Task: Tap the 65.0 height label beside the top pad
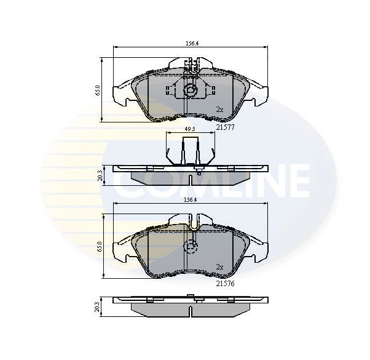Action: coord(98,90)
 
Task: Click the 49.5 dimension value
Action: coord(191,130)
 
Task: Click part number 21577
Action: coord(226,128)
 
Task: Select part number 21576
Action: coord(226,284)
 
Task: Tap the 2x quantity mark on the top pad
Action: coord(219,110)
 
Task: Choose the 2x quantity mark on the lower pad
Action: coord(219,266)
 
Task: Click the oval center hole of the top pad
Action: coord(191,92)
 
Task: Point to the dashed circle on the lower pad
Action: coord(191,248)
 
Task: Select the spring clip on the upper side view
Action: coord(191,151)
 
